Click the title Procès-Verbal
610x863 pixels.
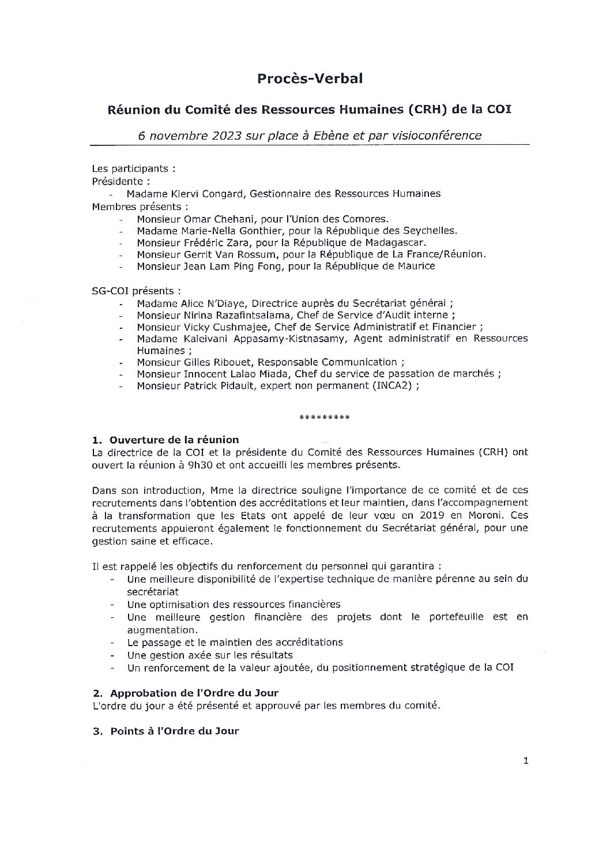310,79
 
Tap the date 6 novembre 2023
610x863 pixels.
184,136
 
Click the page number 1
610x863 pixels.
525,761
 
